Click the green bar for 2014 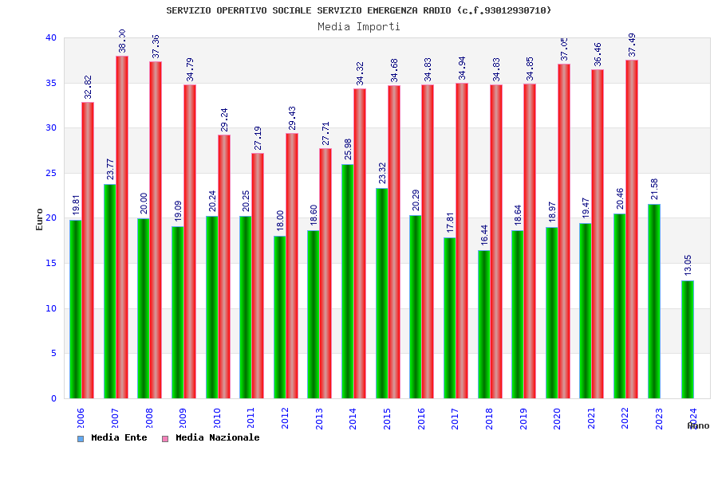(348, 281)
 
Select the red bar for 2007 (122, 227)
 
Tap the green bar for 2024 (688, 339)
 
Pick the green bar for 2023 (654, 301)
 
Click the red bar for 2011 (258, 276)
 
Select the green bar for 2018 (483, 324)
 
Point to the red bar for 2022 (632, 229)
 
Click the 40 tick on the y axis (50, 37)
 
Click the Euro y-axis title (40, 218)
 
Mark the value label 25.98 (348, 149)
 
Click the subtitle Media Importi (359, 26)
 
